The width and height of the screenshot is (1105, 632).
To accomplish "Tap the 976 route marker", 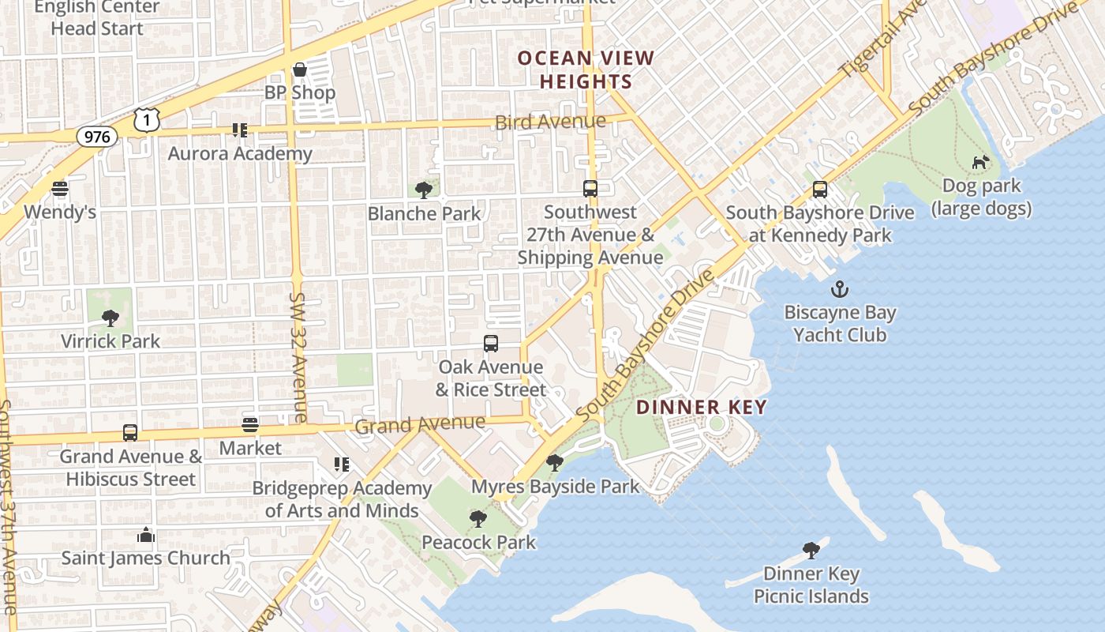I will tap(97, 137).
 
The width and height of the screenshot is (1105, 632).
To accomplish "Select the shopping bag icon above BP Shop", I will tap(300, 70).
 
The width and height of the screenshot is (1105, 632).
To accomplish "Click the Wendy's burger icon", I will tap(60, 189).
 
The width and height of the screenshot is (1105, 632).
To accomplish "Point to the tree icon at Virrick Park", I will tap(110, 318).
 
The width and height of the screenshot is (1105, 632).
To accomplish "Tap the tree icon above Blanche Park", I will tap(424, 190).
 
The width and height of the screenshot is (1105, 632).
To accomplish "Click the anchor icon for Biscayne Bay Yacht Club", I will tap(839, 289).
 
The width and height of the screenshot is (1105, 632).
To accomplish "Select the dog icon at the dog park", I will tap(980, 163).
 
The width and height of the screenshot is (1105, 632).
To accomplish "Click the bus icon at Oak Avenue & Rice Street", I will tap(491, 344).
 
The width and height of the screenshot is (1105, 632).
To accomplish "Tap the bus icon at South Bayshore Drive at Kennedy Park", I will tap(820, 190).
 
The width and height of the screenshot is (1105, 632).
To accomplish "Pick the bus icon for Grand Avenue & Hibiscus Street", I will tap(130, 433).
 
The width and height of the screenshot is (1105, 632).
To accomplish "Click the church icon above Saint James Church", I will tap(146, 535).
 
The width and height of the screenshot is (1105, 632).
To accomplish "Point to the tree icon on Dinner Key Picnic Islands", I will tap(811, 551).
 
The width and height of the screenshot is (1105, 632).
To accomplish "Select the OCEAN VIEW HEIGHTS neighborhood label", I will tap(586, 70).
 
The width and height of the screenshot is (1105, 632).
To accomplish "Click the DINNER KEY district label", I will tap(701, 408).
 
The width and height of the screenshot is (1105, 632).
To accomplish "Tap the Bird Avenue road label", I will tap(550, 122).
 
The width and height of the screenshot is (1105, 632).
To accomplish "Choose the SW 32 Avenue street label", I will tap(298, 357).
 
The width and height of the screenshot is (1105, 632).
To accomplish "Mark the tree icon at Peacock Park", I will tap(478, 519).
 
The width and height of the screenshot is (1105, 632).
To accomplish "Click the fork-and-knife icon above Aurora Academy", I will tap(239, 130).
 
